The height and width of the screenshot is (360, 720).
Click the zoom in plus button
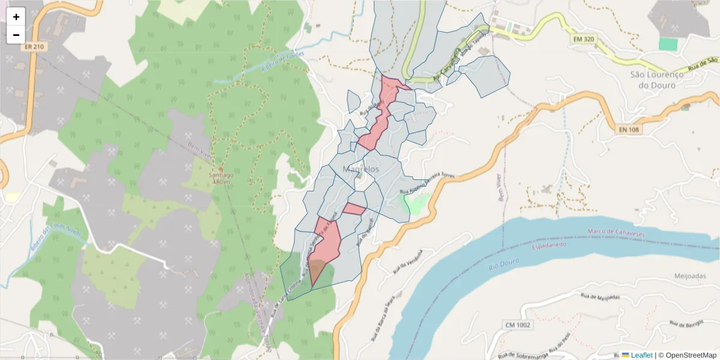pos(16,17)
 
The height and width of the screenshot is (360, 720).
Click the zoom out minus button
pos(16,35)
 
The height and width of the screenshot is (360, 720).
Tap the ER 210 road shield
pos(35,47)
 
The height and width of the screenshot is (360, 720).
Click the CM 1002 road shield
pos(518,325)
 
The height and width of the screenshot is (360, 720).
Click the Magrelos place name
pos(361,169)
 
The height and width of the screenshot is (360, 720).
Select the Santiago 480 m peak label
pos(220,178)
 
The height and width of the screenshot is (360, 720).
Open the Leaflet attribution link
pos(641,355)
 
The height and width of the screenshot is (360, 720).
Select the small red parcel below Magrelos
pos(355,209)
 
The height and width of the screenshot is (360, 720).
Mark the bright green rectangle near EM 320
pos(668,44)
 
